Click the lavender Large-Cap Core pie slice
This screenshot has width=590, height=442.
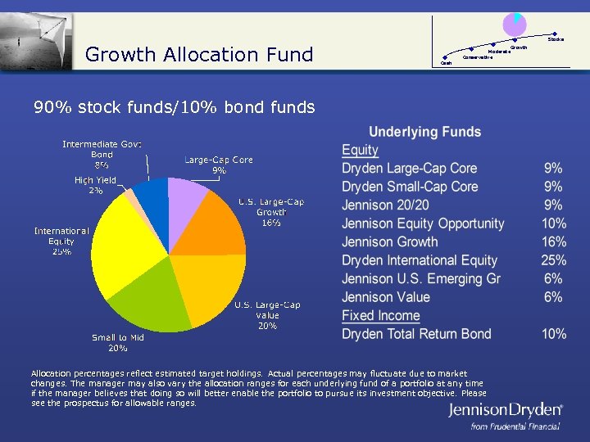coord(187,196)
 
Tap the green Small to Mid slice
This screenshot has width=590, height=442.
coord(147,299)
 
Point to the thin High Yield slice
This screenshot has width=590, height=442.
coord(132,199)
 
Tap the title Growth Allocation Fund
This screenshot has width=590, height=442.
coord(199,55)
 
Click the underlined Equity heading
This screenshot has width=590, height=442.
coord(360,150)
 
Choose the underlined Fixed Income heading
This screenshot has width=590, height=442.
coord(380,316)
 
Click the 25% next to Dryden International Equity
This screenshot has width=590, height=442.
coord(554,260)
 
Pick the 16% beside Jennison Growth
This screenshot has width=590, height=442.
coord(554,242)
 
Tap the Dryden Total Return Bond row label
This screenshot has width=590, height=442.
coord(416,334)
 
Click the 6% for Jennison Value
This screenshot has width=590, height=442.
coord(554,297)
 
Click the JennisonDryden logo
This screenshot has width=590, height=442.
coord(505,411)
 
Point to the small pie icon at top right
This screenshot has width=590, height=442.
coord(515,25)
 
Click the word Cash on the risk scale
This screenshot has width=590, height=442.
coord(447,63)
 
